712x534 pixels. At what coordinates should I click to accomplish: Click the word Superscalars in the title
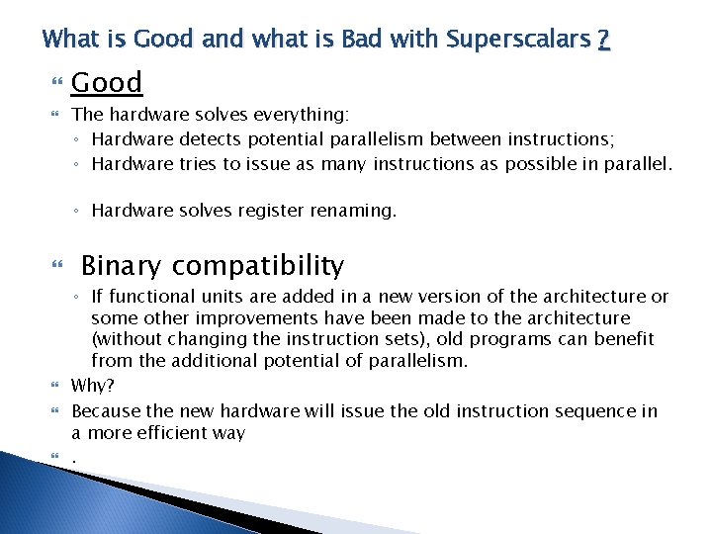click(518, 40)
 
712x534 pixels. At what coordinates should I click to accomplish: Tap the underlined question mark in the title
click(603, 40)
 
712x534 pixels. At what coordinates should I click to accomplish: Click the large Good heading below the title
click(107, 82)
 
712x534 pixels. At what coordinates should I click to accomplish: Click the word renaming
click(358, 211)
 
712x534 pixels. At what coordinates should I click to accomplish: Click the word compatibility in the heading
click(258, 266)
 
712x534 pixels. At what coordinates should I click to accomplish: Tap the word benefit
click(622, 339)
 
